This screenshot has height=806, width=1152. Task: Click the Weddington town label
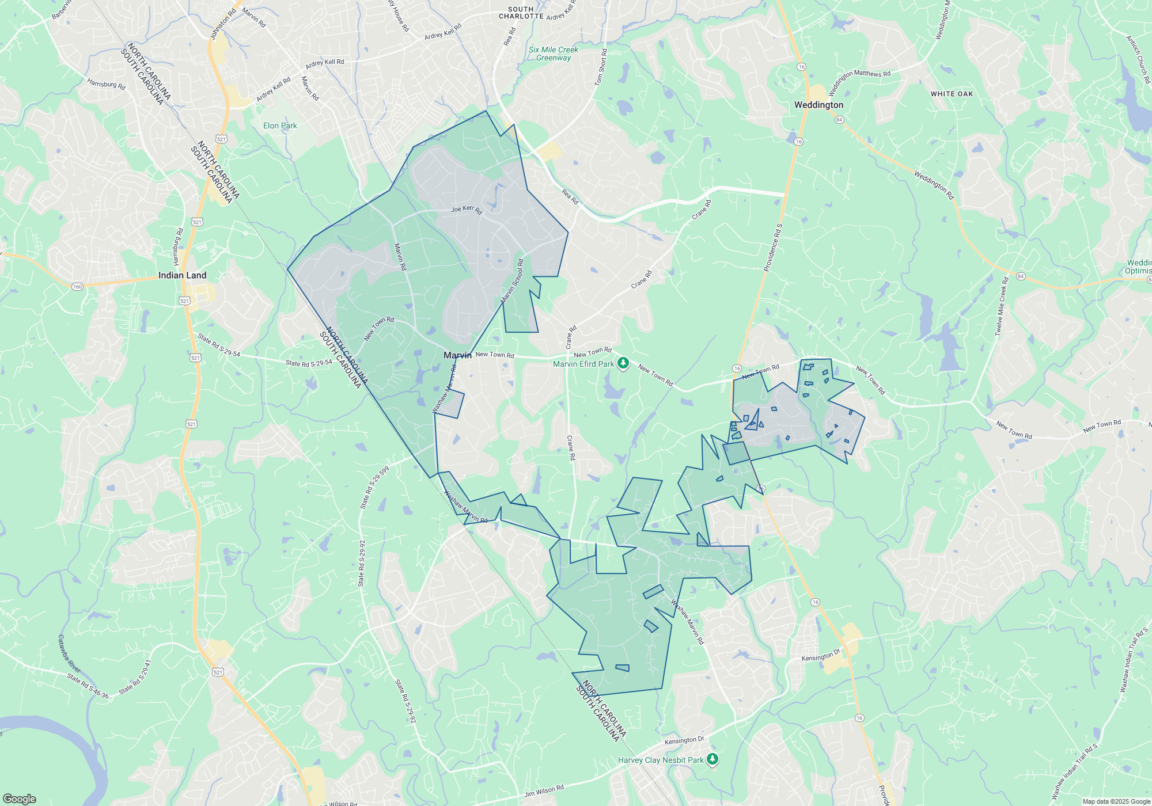coord(818,105)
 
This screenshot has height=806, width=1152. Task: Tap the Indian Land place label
coord(182,275)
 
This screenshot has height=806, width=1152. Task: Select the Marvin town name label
coord(457,355)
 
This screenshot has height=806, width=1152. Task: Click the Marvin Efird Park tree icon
coord(623,363)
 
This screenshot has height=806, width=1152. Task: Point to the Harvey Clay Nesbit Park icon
coord(713,759)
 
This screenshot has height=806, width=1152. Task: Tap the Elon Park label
coord(280,126)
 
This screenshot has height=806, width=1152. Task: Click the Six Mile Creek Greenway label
coord(553,54)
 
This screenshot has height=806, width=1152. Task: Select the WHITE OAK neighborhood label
coord(952,94)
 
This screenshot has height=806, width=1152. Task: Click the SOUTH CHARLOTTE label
coord(521,13)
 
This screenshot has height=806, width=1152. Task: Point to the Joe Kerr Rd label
coord(467,209)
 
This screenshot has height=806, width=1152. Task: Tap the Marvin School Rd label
coord(512,281)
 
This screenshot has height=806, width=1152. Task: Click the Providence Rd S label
coord(773,248)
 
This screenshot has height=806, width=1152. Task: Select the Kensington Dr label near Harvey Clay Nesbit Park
coord(684,740)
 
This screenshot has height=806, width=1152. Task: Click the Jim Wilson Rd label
coord(544,792)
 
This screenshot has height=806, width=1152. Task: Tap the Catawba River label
coord(69,654)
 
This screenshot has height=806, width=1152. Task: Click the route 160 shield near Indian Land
coord(77,286)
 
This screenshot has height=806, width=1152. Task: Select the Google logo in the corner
coord(19,799)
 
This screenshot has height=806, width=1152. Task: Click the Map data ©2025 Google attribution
coord(1116,801)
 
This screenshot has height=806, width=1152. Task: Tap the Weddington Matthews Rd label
coord(859,82)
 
